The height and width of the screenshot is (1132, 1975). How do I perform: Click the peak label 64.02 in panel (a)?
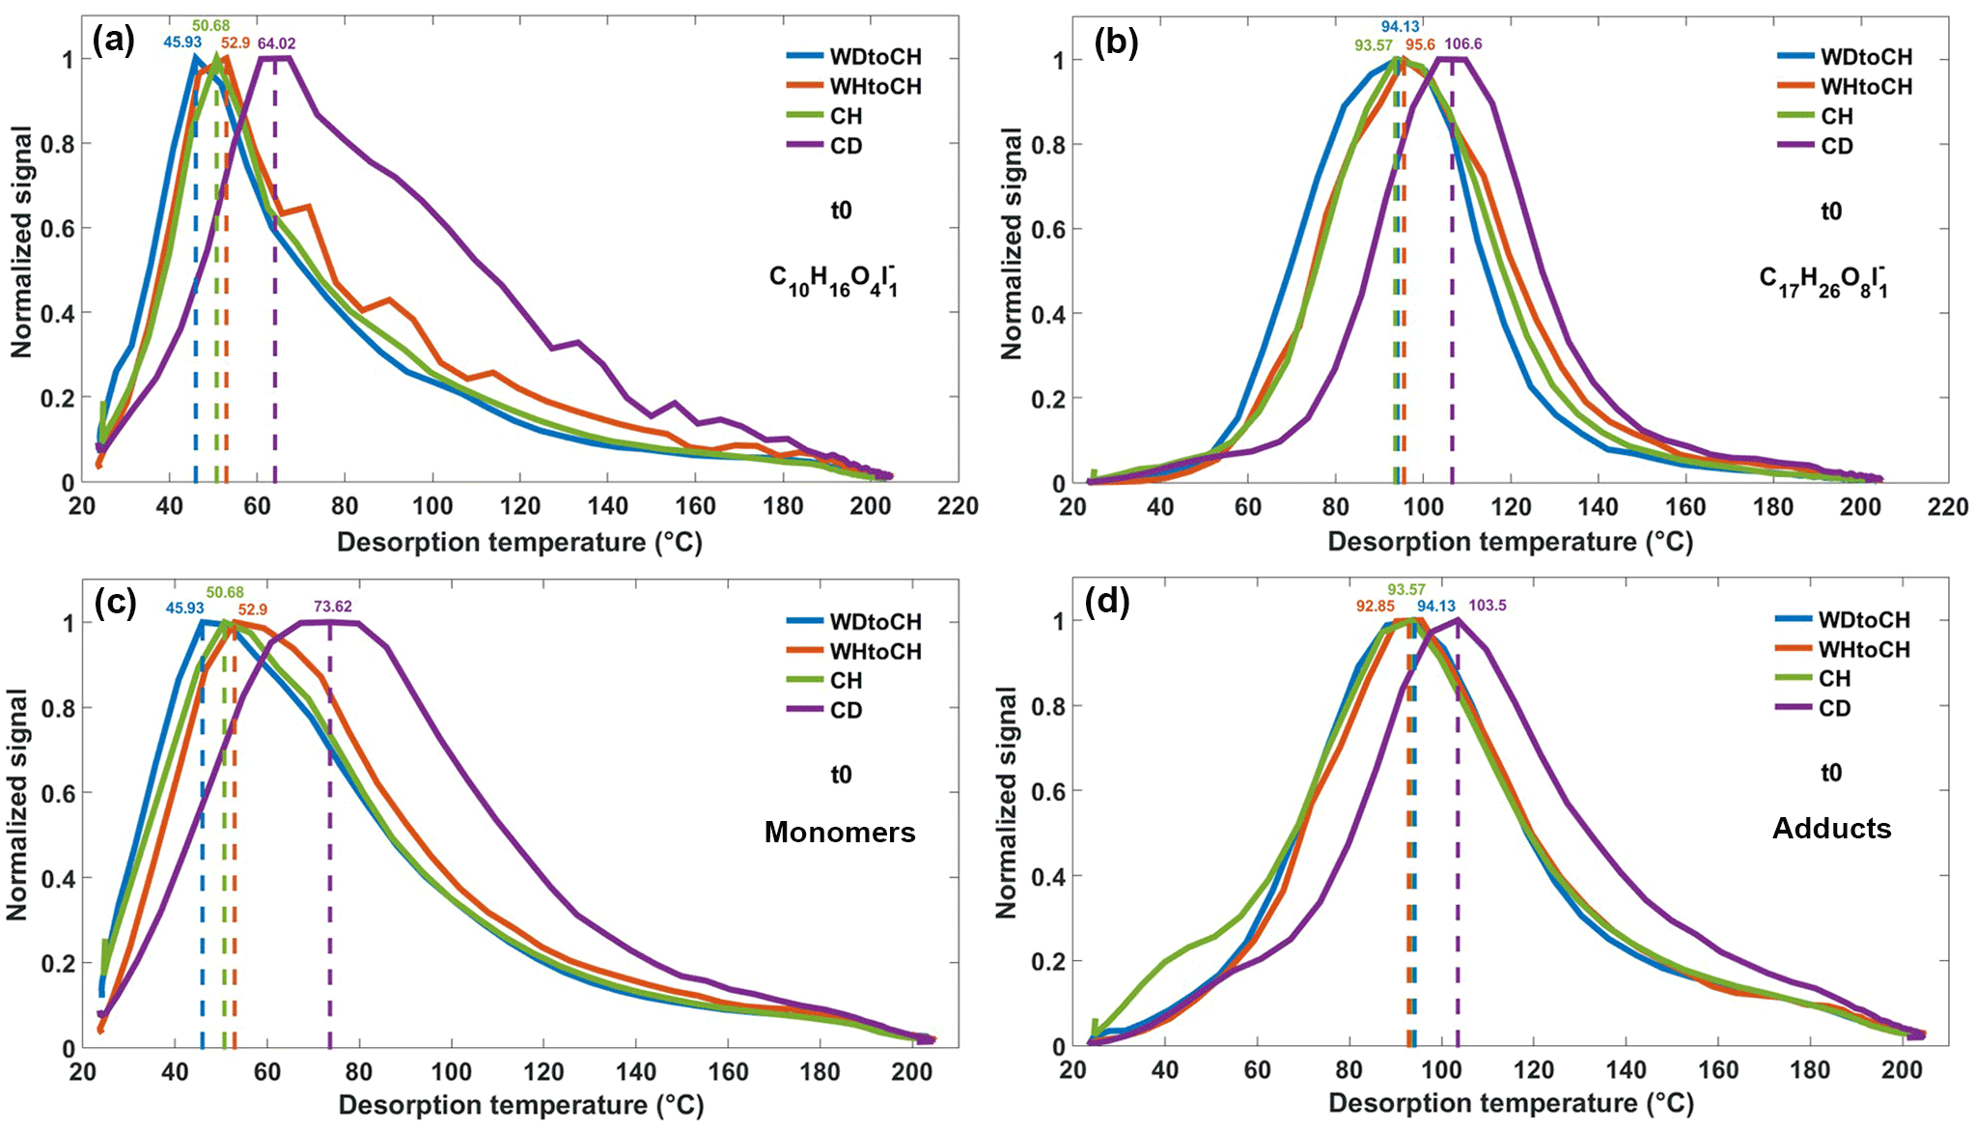pos(276,43)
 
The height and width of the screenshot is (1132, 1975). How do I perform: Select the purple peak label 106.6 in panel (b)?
pos(1463,44)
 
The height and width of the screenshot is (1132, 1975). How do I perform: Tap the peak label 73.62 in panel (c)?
pos(332,607)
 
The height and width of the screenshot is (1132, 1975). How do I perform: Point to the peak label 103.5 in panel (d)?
pos(1487,606)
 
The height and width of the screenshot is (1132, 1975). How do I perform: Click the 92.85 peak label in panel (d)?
pos(1376,606)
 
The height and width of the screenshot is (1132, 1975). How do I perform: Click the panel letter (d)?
pos(1106,602)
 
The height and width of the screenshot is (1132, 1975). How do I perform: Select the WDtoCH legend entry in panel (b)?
pos(1866,57)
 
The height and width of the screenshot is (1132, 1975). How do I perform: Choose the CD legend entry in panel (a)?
pos(846,146)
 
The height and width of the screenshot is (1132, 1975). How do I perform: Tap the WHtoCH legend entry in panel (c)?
pos(876,652)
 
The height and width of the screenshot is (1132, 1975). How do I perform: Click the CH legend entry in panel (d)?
pos(1834,679)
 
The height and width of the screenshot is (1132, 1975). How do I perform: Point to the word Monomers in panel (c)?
pos(840,833)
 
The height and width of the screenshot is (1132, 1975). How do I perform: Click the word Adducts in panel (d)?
pos(1831,829)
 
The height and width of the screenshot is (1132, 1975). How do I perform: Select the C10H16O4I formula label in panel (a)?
pos(834,280)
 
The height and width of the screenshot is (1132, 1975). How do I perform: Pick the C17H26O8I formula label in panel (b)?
pos(1823,280)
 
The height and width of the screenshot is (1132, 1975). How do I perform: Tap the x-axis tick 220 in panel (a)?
pos(958,506)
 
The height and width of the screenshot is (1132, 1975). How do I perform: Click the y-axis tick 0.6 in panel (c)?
pos(55,793)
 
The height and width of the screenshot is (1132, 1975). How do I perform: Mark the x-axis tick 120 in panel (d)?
pos(1534,1070)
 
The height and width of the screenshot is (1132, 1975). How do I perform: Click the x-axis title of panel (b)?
pos(1510,542)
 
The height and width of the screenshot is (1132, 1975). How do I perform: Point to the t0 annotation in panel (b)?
pos(1831,211)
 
